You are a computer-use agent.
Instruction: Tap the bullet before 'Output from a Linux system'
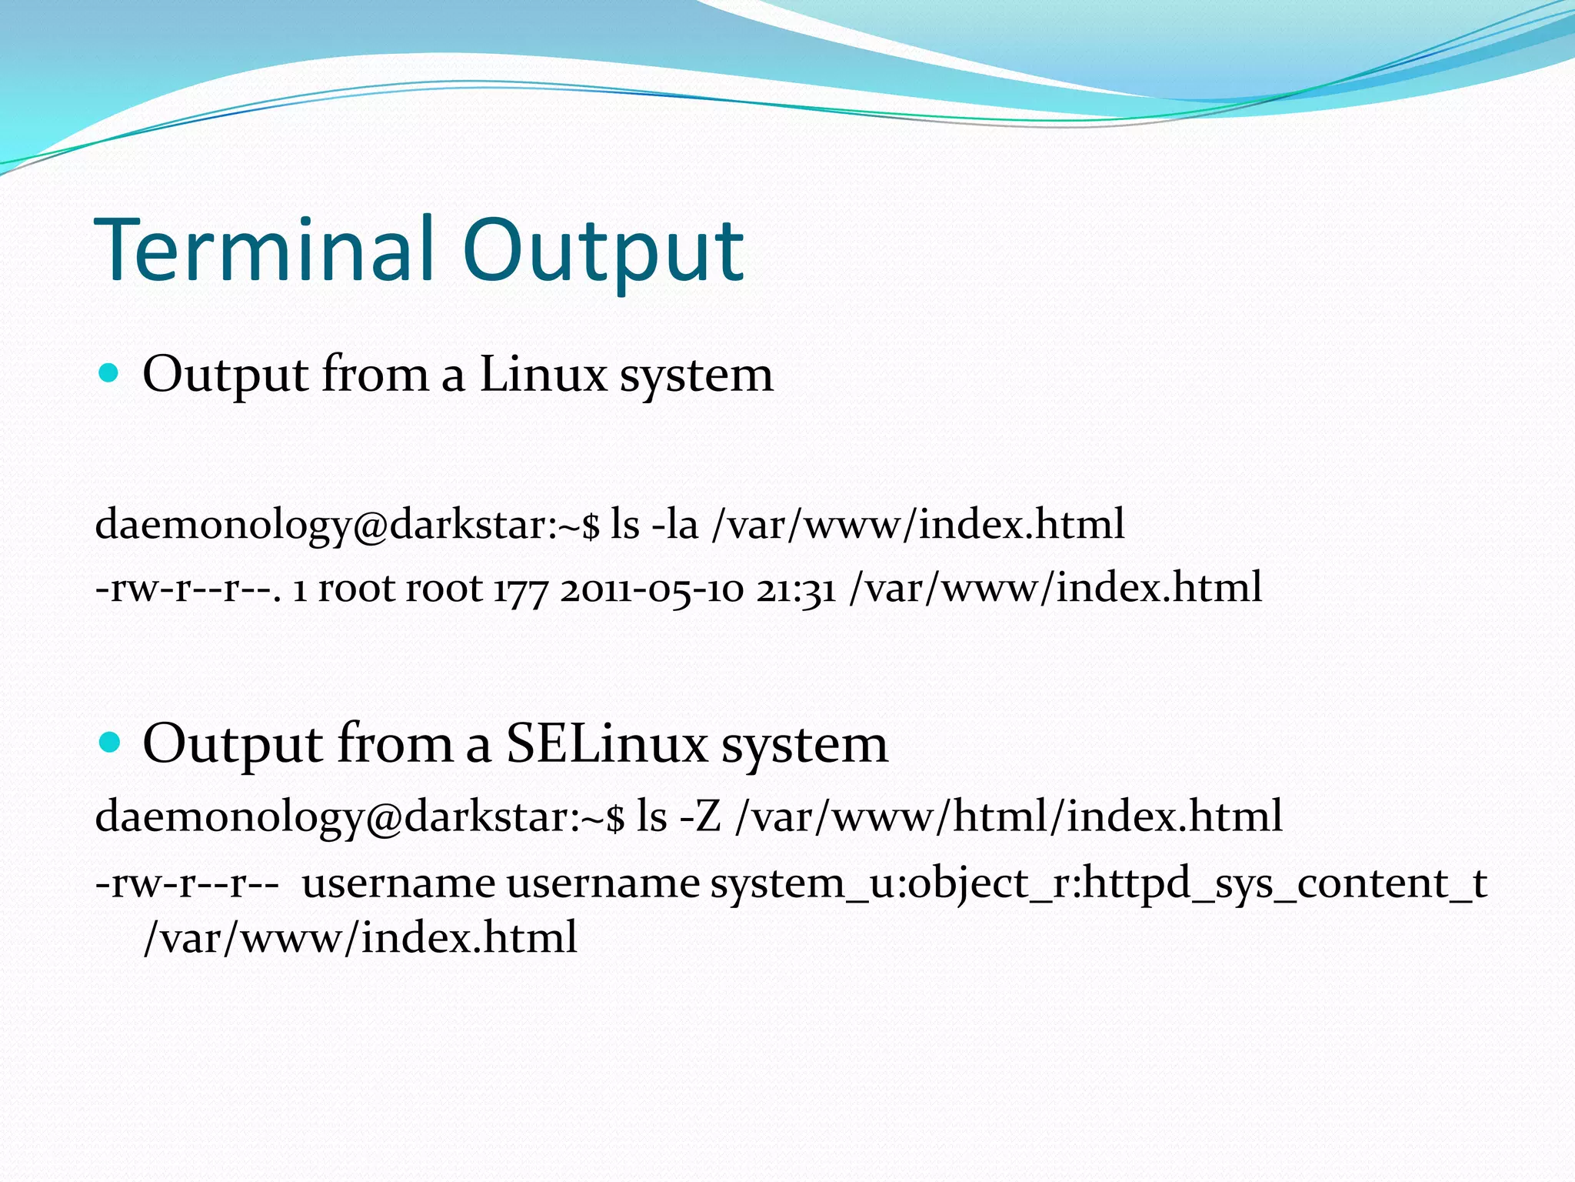point(109,374)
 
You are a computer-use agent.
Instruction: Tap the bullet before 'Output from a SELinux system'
point(109,743)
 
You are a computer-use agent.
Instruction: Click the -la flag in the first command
point(674,524)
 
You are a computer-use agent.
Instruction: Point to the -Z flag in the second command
point(701,816)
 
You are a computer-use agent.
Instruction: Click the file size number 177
point(520,589)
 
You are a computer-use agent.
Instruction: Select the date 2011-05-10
point(652,589)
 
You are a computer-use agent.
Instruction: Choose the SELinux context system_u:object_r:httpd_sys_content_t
point(1098,883)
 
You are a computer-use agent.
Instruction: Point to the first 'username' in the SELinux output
point(398,883)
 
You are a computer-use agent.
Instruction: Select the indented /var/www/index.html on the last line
point(360,938)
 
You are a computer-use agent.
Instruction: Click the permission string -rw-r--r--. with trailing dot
point(189,589)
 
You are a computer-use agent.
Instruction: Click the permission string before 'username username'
point(187,883)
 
